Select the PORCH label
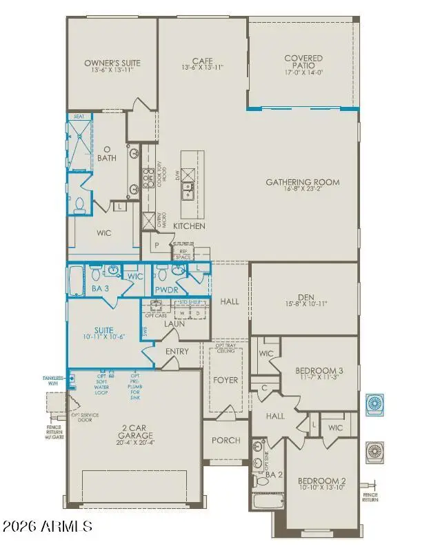pos(225,440)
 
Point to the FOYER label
pos(225,380)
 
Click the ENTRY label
pos(177,351)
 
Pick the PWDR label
pos(167,290)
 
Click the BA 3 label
pos(99,289)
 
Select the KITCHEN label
pos(189,226)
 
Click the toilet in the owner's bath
pos(80,203)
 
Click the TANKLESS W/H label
pos(53,381)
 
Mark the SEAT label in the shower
pos(79,117)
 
